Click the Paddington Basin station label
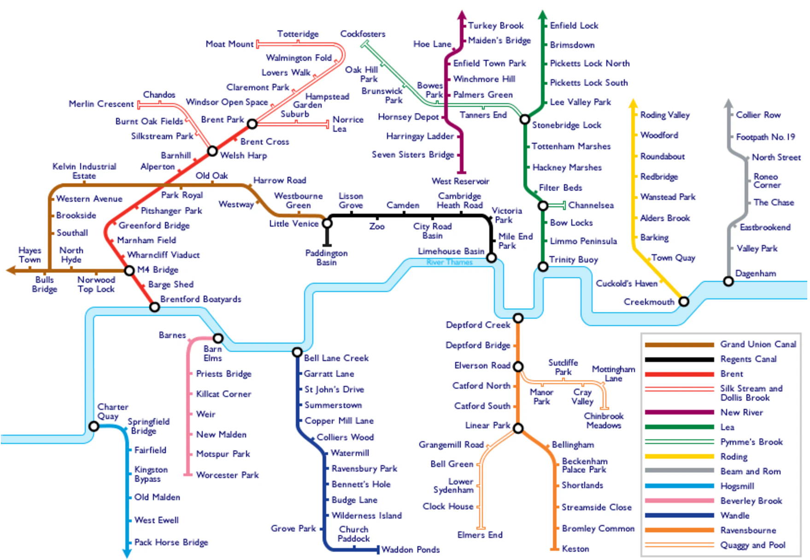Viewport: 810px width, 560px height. pyautogui.click(x=326, y=257)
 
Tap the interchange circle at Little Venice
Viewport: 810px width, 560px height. pyautogui.click(x=327, y=223)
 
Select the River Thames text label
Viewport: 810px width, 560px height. pyautogui.click(x=449, y=262)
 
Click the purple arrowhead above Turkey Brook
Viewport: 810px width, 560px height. pyautogui.click(x=462, y=15)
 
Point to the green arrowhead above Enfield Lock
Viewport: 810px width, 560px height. pyautogui.click(x=543, y=15)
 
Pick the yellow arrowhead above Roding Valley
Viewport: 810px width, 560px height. pyautogui.click(x=634, y=103)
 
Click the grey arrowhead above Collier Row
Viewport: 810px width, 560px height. pyautogui.click(x=728, y=103)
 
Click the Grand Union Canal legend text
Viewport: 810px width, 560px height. pyautogui.click(x=758, y=344)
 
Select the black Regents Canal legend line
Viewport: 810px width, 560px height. pyautogui.click(x=679, y=359)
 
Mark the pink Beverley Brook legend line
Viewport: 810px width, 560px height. pyautogui.click(x=679, y=501)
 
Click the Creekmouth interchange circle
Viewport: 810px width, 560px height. pyautogui.click(x=684, y=302)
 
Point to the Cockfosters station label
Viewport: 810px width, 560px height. pyautogui.click(x=363, y=34)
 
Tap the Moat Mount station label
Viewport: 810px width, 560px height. pyautogui.click(x=229, y=44)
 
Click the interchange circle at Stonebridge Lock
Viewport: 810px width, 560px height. pyautogui.click(x=525, y=120)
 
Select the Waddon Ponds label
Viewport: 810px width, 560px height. pyautogui.click(x=411, y=549)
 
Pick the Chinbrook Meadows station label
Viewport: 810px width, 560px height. pyautogui.click(x=604, y=420)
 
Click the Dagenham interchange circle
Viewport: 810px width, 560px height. pyautogui.click(x=728, y=281)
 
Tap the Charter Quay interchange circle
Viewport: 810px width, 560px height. pyautogui.click(x=94, y=426)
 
